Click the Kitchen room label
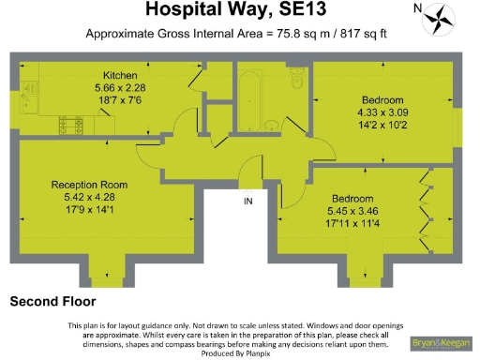[121, 75]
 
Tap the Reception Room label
[90, 185]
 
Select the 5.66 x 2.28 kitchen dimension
[121, 87]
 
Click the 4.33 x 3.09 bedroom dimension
[383, 112]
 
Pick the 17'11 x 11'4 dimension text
[352, 223]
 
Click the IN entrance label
[248, 202]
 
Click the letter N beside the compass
[417, 8]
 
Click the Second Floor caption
[52, 302]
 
